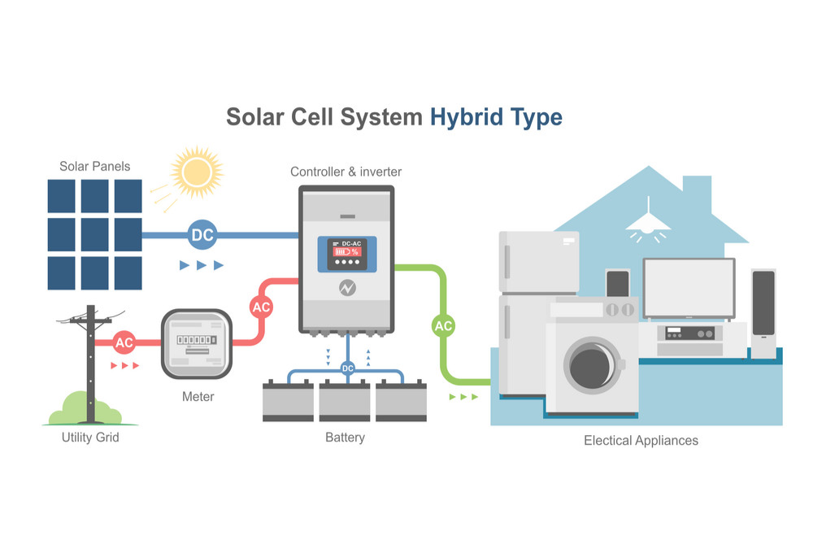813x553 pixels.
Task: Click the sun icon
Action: point(196,172)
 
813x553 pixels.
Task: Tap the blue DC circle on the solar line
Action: point(202,236)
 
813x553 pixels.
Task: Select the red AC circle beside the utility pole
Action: point(124,342)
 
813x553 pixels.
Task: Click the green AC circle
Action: point(443,326)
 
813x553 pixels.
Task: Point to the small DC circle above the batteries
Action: point(348,368)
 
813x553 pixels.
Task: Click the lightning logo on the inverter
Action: point(346,287)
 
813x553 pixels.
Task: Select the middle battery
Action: point(345,401)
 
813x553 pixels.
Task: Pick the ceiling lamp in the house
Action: point(648,221)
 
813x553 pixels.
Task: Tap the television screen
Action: point(689,288)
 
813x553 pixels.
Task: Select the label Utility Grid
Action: point(90,438)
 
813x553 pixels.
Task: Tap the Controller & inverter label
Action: point(346,172)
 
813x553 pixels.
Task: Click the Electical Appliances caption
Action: point(641,441)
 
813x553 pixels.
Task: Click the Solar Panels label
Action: point(94,166)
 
